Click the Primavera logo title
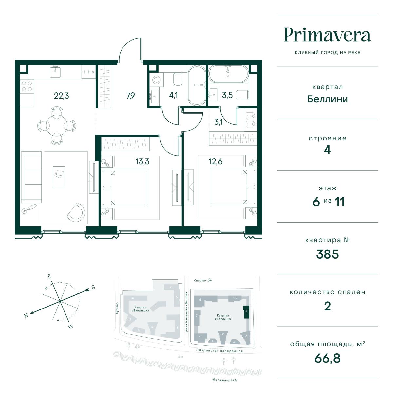(327, 35)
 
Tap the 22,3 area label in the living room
(61, 95)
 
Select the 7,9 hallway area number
(130, 95)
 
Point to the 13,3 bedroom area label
(142, 161)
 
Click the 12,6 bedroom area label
(215, 161)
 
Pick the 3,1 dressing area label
(218, 122)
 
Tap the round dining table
(56, 126)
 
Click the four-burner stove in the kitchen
(27, 86)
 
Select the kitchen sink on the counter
(55, 72)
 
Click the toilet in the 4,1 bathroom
(178, 79)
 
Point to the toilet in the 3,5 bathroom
(242, 95)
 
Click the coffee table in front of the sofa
(59, 177)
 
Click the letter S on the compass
(93, 287)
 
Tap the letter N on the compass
(26, 316)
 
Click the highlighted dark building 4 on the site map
(246, 312)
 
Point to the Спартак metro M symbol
(210, 280)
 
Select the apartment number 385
(327, 254)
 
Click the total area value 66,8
(327, 358)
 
